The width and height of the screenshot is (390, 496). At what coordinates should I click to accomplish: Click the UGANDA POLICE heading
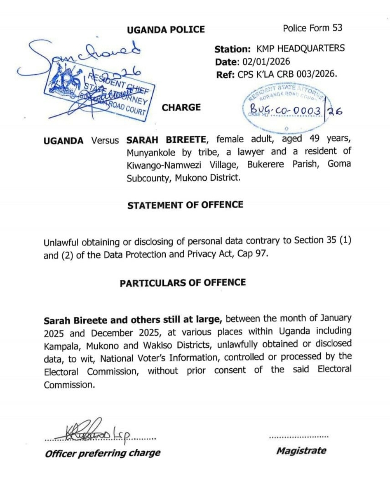166,30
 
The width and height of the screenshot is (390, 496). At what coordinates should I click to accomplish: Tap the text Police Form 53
312,28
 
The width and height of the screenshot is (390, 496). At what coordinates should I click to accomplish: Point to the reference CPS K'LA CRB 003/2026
287,74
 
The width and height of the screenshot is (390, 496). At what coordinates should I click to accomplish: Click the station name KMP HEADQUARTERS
300,48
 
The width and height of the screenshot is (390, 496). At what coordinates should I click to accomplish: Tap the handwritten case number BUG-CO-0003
285,110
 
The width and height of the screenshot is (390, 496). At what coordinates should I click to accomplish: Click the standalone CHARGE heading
181,107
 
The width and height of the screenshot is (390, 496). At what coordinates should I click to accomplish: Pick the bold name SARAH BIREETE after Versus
166,140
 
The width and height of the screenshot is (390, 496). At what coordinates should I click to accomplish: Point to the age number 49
315,139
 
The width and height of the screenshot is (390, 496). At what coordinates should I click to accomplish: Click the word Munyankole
151,153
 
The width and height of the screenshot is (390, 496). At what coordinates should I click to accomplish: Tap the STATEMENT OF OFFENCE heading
185,205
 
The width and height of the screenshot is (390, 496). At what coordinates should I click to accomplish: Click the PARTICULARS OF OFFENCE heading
183,282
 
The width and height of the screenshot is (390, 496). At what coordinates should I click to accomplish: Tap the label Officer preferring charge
103,453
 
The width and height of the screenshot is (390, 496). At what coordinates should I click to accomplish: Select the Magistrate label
301,451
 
